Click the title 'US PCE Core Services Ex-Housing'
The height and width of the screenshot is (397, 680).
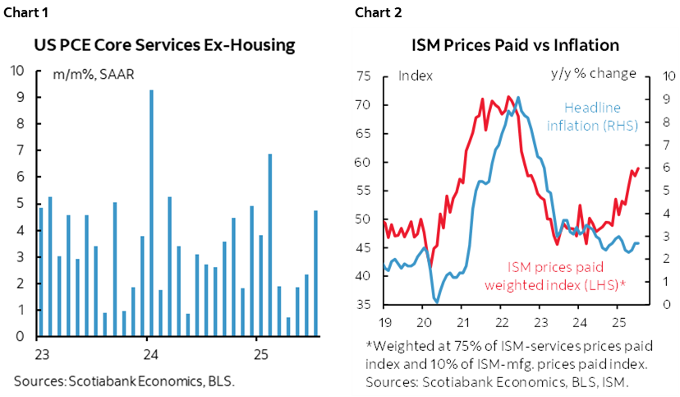point(164,45)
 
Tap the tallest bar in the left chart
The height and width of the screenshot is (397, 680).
point(151,213)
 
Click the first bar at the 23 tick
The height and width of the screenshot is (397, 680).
point(41,271)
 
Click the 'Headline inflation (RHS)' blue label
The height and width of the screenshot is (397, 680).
point(593,116)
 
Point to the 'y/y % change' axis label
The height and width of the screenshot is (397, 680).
point(593,73)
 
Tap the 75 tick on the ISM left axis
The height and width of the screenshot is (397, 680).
point(367,77)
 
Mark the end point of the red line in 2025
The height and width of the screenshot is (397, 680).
point(638,168)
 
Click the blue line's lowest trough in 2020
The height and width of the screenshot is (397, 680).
point(434,302)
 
